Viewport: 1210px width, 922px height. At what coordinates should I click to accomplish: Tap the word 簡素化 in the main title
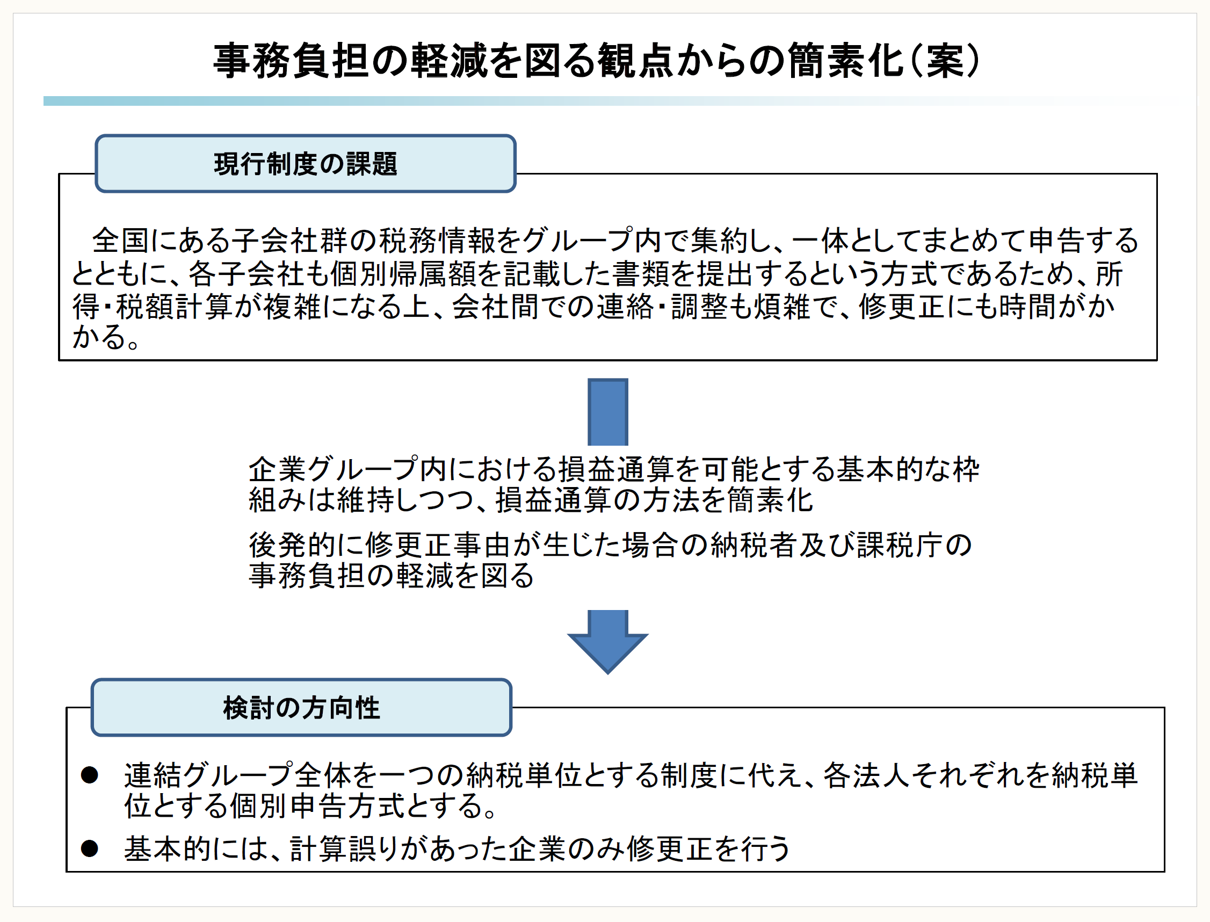846,60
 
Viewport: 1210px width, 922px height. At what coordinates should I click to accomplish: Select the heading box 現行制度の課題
305,164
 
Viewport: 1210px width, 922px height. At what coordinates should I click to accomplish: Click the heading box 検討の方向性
301,707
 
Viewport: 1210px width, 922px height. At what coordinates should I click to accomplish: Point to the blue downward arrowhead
607,648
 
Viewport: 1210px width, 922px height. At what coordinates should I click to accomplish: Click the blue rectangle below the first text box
607,412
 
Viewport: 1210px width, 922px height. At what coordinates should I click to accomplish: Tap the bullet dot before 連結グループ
90,775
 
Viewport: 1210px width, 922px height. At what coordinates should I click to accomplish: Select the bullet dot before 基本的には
90,848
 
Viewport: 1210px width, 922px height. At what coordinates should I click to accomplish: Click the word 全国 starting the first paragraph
120,241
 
